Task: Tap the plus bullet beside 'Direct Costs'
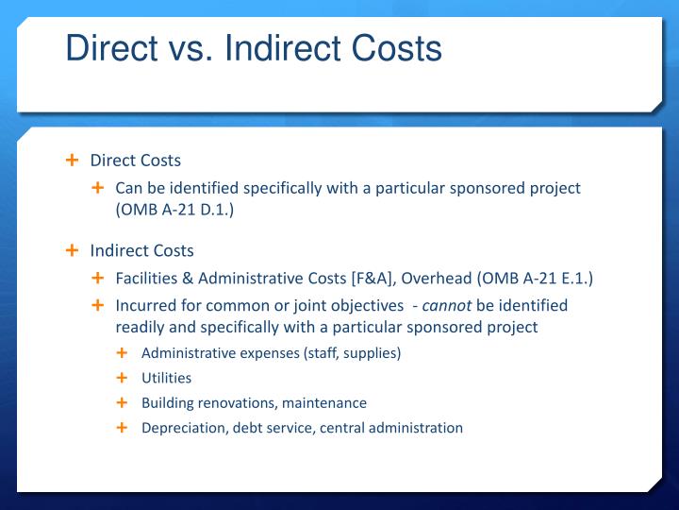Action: pos(72,160)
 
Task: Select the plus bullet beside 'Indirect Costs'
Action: pos(72,250)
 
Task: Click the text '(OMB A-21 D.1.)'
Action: pos(174,209)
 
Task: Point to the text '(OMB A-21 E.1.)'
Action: pos(535,278)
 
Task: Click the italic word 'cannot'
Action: pos(446,305)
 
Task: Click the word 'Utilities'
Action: pos(166,378)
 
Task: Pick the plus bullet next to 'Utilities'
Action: pos(122,378)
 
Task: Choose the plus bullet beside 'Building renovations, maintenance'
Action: pos(122,402)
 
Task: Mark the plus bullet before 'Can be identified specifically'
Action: pos(97,188)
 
